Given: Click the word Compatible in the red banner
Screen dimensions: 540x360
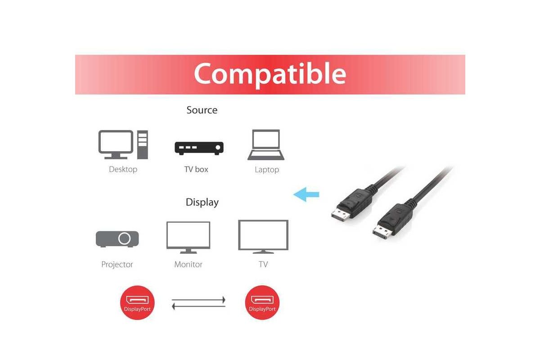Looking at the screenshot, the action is [x=270, y=74].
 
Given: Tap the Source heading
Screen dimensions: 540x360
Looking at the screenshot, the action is [x=202, y=110].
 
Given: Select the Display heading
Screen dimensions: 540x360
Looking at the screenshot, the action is [x=202, y=202].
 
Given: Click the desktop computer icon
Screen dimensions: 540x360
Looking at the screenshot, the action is [x=123, y=145].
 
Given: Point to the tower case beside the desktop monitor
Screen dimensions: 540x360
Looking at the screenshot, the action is [x=143, y=145].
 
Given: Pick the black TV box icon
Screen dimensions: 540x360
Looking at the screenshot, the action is [x=199, y=148].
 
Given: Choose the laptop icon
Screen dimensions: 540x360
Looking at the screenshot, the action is [x=266, y=145].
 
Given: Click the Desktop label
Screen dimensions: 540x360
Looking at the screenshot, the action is [x=123, y=169].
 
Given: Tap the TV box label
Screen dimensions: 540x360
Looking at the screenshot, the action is [x=196, y=169].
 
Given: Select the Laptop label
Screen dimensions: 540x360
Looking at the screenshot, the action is [x=267, y=170].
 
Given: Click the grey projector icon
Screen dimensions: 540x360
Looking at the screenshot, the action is [x=117, y=239].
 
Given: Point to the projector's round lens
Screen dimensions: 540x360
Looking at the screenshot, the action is [x=124, y=238].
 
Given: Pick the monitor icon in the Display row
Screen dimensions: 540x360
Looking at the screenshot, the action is [x=188, y=238].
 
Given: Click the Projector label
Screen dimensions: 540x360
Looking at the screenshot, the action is [x=117, y=265].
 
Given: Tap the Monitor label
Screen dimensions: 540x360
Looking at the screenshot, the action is [x=188, y=265].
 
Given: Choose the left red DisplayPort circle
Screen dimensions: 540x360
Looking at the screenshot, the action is [x=137, y=302].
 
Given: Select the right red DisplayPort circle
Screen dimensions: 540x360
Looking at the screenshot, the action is [x=262, y=302].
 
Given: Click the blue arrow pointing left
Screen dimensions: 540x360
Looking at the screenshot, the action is [x=306, y=194].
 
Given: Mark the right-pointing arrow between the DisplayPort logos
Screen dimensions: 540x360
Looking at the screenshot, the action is [x=198, y=300].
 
